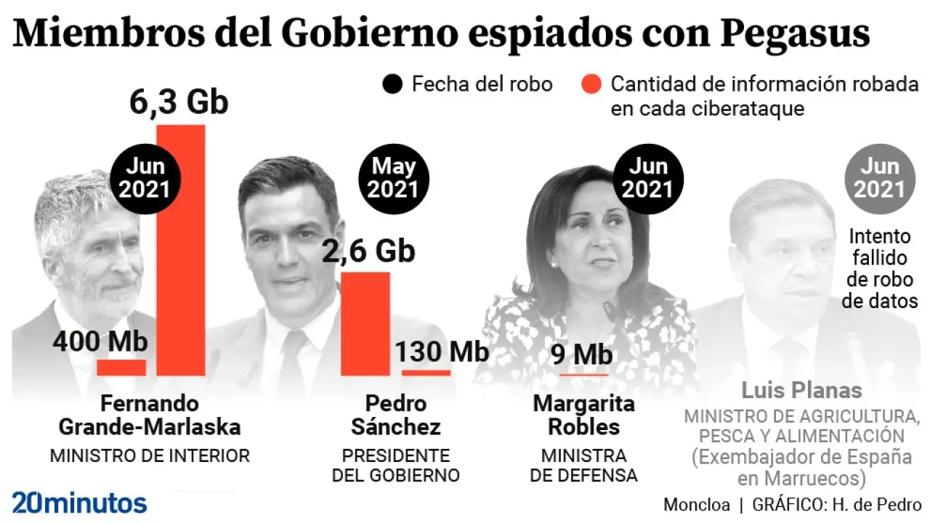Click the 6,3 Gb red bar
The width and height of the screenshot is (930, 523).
coord(181,251)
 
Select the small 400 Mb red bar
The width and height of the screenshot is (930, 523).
coord(121,368)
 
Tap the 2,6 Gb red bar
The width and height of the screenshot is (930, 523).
coord(365,324)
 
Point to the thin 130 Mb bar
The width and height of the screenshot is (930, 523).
coord(426,373)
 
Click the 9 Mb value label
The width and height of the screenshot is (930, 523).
coord(581,354)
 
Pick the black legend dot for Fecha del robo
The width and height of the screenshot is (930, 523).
coord(392,84)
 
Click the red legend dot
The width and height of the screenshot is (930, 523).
coord(592,84)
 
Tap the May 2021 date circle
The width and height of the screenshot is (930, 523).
coord(393,178)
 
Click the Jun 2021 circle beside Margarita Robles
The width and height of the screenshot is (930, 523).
coord(648,178)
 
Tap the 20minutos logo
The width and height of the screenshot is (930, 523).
coord(79,502)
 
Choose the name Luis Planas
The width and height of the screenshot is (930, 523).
coord(801,390)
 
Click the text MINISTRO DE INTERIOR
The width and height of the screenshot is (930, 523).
coord(150,456)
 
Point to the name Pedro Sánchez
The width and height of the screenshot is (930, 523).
coord(395,415)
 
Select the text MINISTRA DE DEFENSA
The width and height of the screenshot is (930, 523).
coord(583,466)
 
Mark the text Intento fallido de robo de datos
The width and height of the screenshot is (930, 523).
coord(880,268)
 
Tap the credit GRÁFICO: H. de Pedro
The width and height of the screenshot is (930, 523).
coord(837,504)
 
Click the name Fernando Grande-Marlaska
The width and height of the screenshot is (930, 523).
coord(150,415)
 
